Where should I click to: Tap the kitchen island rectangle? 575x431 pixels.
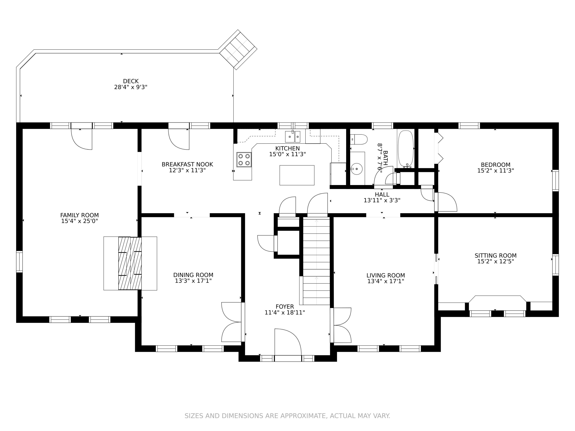tap(297, 175)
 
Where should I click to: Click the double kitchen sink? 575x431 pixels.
tap(293, 137)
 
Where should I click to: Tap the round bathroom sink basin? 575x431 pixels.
tap(357, 169)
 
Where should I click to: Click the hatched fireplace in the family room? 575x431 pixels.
tap(130, 263)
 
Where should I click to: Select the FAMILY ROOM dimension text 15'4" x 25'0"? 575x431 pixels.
tap(80, 221)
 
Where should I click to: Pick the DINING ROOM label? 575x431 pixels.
tap(193, 275)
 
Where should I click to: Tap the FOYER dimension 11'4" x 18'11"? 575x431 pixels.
tap(285, 313)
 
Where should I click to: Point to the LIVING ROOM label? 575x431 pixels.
tap(386, 275)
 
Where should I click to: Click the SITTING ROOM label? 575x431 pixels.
tap(496, 256)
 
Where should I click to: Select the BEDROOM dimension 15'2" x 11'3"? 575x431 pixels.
tap(496, 171)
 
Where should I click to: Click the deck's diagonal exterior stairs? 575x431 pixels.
tap(238, 50)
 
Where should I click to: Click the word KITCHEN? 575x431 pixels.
tap(287, 148)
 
